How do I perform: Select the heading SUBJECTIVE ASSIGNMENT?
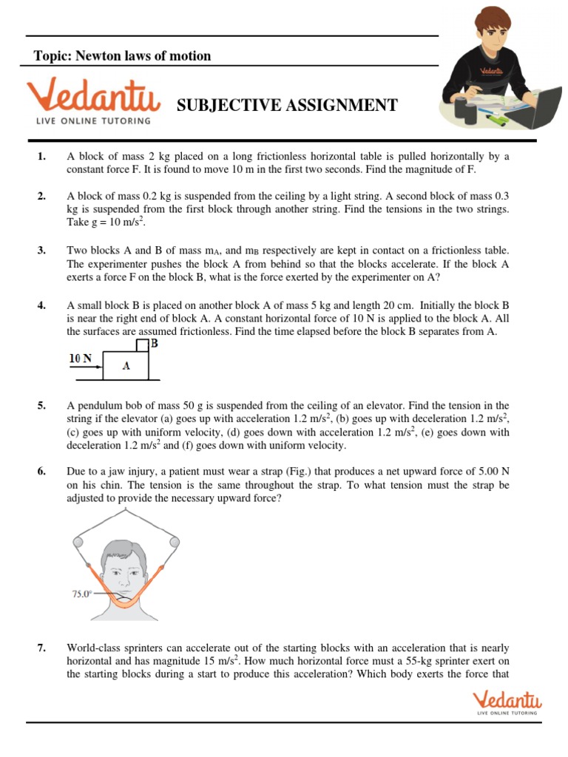click(287, 106)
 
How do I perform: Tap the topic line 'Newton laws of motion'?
click(123, 56)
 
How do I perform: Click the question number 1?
click(41, 157)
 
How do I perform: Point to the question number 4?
click(41, 305)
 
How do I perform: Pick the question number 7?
click(41, 648)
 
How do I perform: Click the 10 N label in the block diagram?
click(81, 359)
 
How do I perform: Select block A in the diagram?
click(126, 365)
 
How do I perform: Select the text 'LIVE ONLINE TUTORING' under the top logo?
click(89, 120)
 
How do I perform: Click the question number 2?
click(41, 196)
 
